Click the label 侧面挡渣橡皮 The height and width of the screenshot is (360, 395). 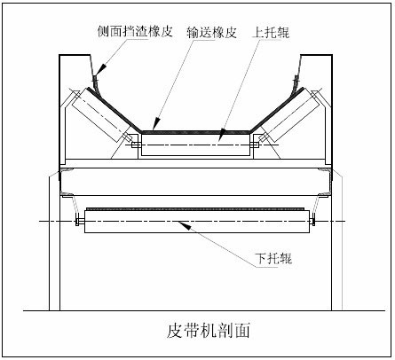tap(136, 30)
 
